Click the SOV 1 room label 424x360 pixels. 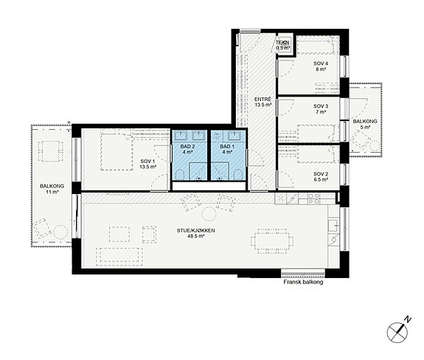148,164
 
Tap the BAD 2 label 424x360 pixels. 187,149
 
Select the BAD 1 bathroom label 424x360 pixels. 227,149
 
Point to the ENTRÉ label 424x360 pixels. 263,102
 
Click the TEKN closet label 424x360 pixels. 283,45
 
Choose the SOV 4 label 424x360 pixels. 321,66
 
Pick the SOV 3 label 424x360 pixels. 321,108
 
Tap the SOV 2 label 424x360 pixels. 321,176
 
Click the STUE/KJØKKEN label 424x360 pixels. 195,233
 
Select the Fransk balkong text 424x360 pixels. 303,282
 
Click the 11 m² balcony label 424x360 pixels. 52,189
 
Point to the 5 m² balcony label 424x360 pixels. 365,124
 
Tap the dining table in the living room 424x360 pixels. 272,240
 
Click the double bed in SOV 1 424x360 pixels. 117,150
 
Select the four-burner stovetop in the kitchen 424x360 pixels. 313,198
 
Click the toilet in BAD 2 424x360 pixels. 179,175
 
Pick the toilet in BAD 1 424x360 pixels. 237,175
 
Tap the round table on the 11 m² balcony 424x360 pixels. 60,232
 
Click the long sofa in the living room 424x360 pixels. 119,255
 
